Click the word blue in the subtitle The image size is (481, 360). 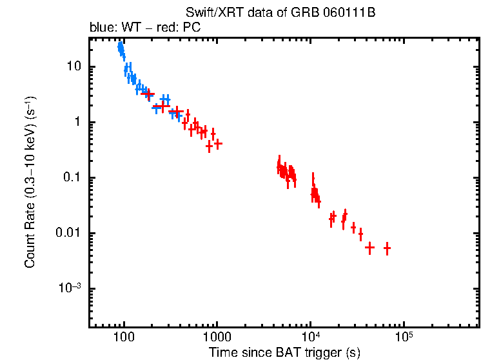coord(101,28)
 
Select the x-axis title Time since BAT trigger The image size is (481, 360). coord(284,352)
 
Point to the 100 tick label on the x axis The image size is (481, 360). coord(123,338)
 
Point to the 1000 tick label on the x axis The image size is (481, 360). coord(217,338)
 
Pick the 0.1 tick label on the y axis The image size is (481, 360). coord(72,178)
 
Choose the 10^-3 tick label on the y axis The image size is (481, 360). coord(70,288)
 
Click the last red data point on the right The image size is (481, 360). coord(387,248)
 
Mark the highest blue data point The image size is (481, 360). coord(120,46)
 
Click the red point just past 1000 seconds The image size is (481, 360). coord(218,144)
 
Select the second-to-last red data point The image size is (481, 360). coord(369,247)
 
